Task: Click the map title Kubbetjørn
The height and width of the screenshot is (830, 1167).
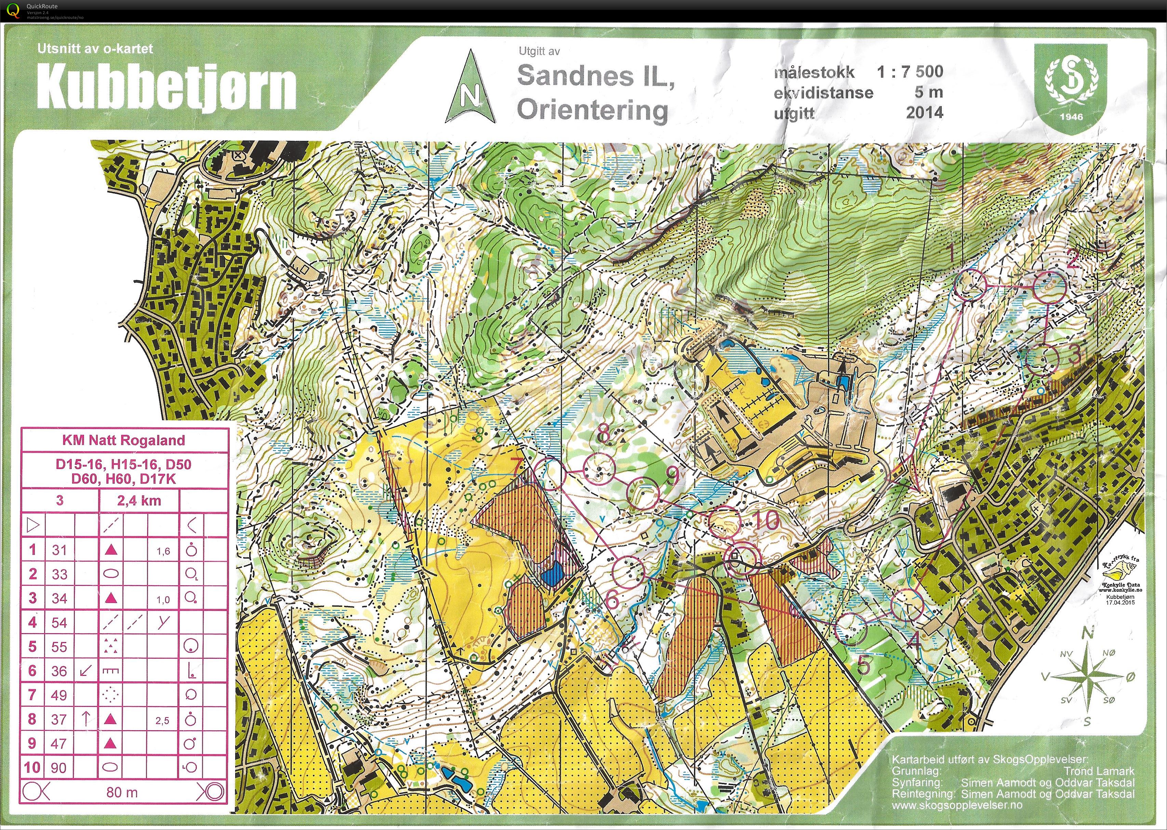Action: [166, 87]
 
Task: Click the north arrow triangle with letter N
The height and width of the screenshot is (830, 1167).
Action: [470, 90]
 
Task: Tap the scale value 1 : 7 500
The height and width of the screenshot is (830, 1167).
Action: [910, 71]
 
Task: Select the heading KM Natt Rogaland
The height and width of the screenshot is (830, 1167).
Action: [124, 440]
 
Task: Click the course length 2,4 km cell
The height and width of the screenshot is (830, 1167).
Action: [139, 500]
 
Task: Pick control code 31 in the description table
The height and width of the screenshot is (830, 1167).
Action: [59, 550]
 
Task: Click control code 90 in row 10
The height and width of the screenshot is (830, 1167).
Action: [59, 768]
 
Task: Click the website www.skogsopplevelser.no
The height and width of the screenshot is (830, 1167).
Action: [957, 805]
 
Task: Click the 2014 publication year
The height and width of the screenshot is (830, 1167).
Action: [925, 112]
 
